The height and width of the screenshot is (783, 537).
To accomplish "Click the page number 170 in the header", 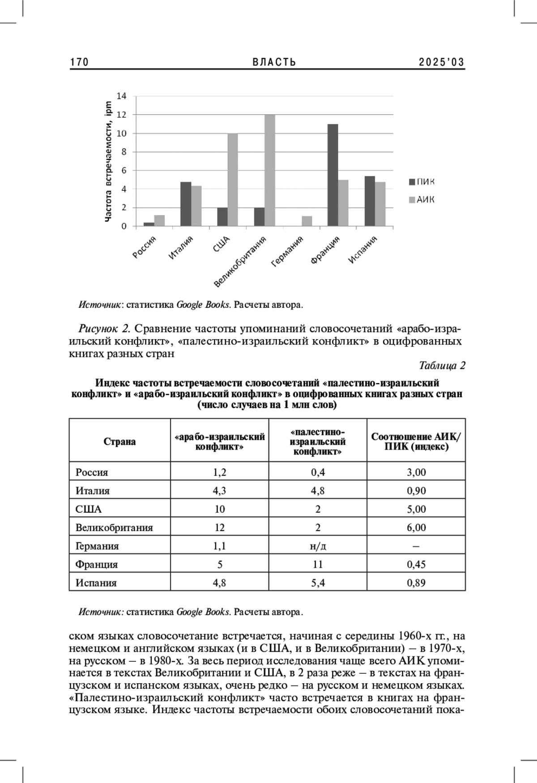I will [80, 62].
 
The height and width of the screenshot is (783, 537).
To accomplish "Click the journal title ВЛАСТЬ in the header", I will [274, 62].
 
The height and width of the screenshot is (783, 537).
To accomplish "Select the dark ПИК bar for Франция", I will [332, 175].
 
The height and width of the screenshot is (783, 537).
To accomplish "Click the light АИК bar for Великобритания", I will [270, 170].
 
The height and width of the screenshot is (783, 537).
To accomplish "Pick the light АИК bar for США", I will [233, 180].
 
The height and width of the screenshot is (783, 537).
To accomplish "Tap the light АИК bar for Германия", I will [307, 221].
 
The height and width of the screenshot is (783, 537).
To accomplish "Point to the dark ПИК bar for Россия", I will [149, 224].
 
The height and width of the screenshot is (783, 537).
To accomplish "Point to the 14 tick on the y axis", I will [122, 96].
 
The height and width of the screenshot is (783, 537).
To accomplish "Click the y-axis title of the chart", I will [108, 161].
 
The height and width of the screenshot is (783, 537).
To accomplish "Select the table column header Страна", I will [119, 441].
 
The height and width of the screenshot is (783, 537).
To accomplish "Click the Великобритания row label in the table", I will [114, 528].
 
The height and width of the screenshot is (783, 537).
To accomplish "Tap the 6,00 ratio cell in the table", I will [416, 528].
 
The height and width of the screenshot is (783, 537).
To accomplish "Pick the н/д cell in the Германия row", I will [318, 546].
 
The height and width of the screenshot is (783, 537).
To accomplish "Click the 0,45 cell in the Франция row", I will [416, 564].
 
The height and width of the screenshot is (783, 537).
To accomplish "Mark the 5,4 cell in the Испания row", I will [318, 583].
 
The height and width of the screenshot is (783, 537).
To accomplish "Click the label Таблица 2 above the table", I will [442, 366].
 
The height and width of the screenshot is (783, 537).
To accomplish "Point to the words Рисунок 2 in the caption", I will [104, 329].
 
